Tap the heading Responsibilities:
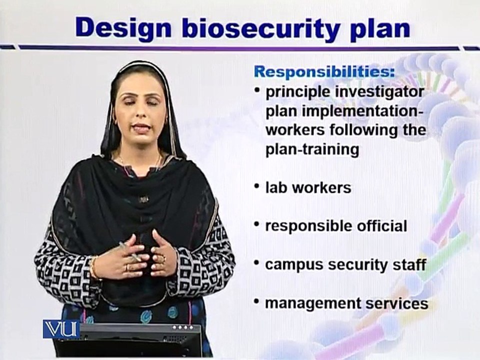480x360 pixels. tap(324, 71)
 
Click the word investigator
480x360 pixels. tap(379, 92)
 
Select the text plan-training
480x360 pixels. tap(312, 149)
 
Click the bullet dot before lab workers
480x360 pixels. tap(257, 186)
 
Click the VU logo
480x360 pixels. tap(61, 329)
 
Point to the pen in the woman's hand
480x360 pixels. tap(130, 251)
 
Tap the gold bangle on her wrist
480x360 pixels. tap(94, 267)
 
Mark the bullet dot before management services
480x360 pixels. tap(257, 301)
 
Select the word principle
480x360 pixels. tap(298, 93)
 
